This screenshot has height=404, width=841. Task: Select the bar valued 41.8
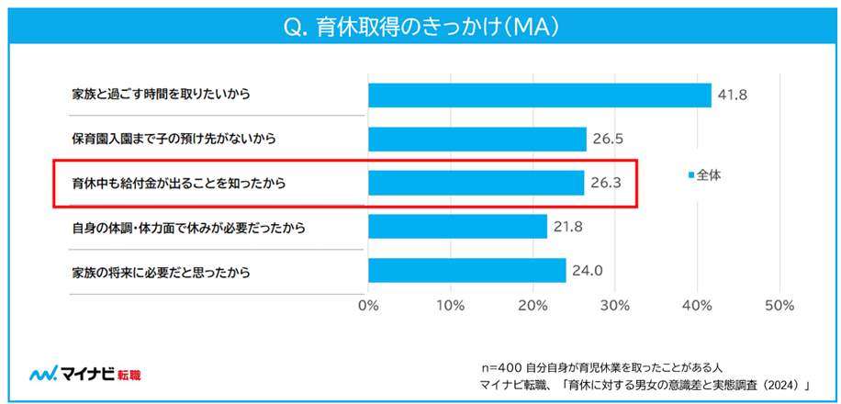[x=540, y=95]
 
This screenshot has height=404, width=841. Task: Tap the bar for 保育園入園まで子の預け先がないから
[x=477, y=139]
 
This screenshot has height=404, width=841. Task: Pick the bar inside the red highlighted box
[x=476, y=183]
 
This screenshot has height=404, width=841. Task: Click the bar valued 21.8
[x=457, y=226]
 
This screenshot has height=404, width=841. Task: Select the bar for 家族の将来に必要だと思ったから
[x=466, y=270]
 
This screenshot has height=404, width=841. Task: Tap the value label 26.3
[x=607, y=183]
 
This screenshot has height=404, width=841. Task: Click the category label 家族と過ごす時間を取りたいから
[x=160, y=95]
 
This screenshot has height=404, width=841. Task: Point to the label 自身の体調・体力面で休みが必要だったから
[x=188, y=227]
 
